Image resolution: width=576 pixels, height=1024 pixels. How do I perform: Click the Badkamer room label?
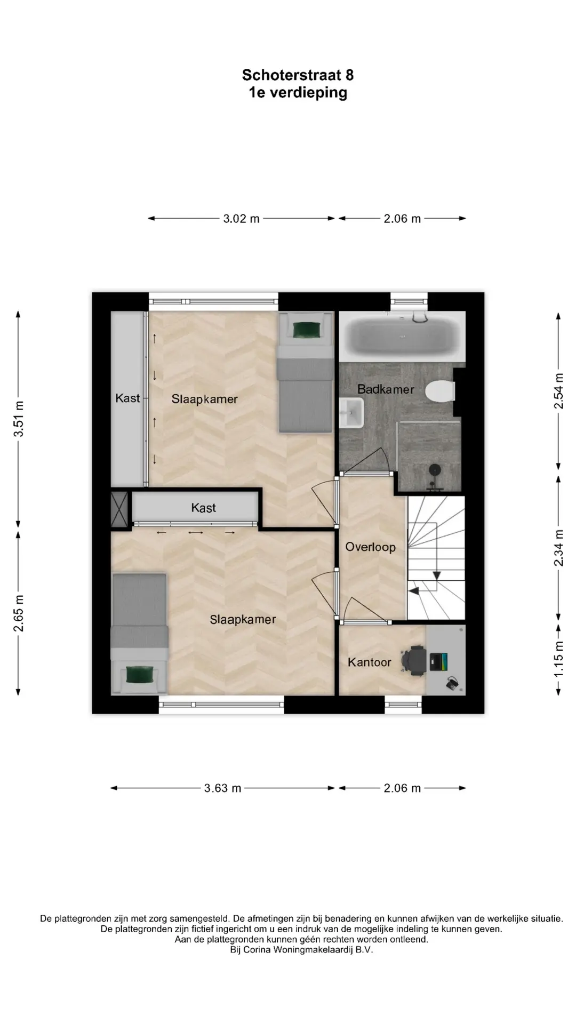point(386,389)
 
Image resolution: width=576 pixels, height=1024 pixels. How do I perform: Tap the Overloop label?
point(370,547)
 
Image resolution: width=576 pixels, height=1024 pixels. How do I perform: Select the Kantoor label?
point(370,662)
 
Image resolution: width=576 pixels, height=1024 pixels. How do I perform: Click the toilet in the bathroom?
point(441,390)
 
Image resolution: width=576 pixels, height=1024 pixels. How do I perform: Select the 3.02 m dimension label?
point(241,219)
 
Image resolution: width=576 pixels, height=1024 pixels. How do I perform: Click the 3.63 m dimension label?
point(223,788)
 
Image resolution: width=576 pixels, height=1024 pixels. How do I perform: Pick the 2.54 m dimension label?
point(559,391)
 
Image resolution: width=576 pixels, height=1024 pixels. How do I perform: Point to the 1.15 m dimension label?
point(559,660)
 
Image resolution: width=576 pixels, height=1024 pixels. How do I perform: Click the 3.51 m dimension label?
point(19,418)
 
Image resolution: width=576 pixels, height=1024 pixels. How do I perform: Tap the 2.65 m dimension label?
point(19,613)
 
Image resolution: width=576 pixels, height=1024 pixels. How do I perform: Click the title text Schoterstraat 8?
point(298,75)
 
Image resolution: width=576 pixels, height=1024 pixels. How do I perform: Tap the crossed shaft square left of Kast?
point(120,508)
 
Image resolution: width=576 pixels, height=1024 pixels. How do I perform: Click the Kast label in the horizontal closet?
point(203,508)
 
